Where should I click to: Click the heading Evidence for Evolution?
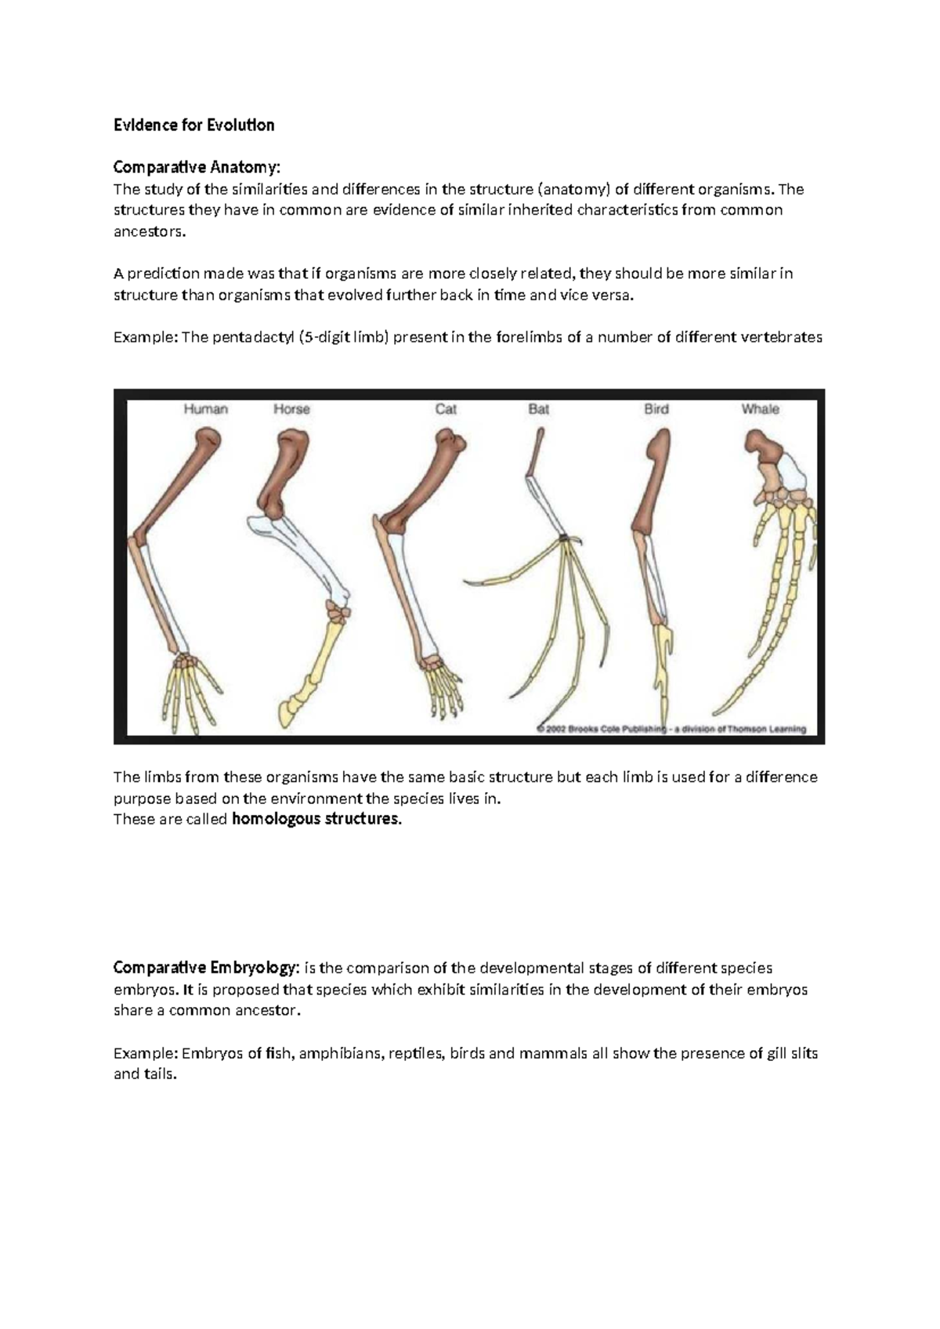[x=193, y=125]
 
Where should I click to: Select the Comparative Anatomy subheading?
[x=196, y=168]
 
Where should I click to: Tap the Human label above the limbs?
[x=205, y=409]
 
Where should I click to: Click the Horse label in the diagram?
[x=291, y=409]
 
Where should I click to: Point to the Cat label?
[x=446, y=409]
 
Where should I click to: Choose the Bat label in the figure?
[x=539, y=409]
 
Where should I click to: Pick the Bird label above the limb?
[x=656, y=409]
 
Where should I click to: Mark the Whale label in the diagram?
[x=760, y=409]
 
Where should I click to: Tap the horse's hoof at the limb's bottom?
[x=291, y=709]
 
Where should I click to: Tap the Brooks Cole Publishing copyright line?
[x=671, y=729]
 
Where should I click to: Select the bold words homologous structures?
[x=316, y=820]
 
